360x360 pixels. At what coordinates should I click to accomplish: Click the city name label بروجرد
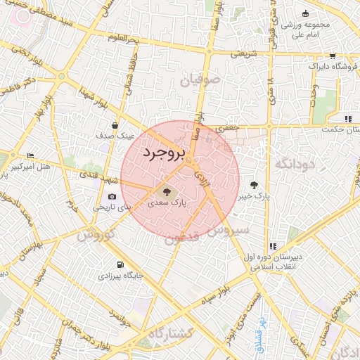(163, 153)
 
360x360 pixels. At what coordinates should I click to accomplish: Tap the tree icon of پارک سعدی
(167, 191)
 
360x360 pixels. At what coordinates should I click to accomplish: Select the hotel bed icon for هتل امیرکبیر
(30, 156)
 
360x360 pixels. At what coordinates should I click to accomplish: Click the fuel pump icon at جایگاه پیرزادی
(120, 265)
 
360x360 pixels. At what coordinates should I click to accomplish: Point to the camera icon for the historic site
(112, 197)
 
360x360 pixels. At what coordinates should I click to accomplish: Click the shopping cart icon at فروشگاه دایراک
(333, 56)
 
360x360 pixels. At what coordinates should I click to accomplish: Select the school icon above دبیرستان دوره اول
(269, 246)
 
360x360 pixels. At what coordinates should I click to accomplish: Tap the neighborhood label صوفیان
(200, 81)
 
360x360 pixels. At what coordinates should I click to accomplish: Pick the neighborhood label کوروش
(95, 235)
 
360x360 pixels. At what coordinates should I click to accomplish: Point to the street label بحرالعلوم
(112, 38)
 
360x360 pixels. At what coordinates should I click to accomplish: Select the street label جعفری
(229, 129)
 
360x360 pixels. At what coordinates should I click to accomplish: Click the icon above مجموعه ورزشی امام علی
(304, 14)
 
